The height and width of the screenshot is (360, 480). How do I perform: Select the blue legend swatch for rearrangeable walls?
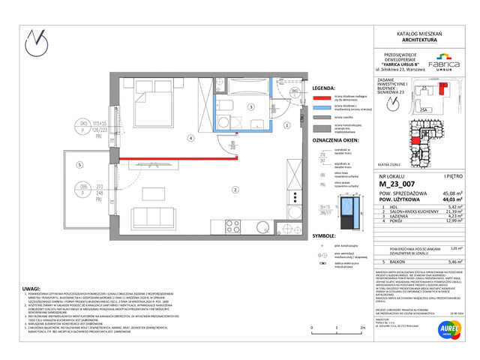(322, 107)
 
